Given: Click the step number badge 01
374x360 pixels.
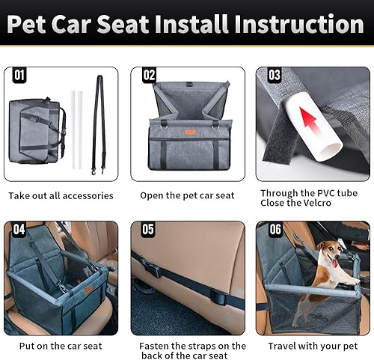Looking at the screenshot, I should [19, 76].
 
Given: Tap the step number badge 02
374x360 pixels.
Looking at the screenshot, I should [149, 76].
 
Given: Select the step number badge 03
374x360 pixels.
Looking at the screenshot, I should [275, 76].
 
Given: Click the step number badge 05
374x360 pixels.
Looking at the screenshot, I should [147, 230].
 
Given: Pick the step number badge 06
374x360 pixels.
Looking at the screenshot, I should [275, 230].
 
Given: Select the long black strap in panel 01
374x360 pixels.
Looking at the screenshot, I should [98, 120].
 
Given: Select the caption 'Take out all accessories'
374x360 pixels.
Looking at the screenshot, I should [61, 196].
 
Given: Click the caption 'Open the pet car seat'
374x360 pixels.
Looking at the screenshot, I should [187, 196].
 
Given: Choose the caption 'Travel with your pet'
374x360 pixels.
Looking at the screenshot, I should [313, 347].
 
